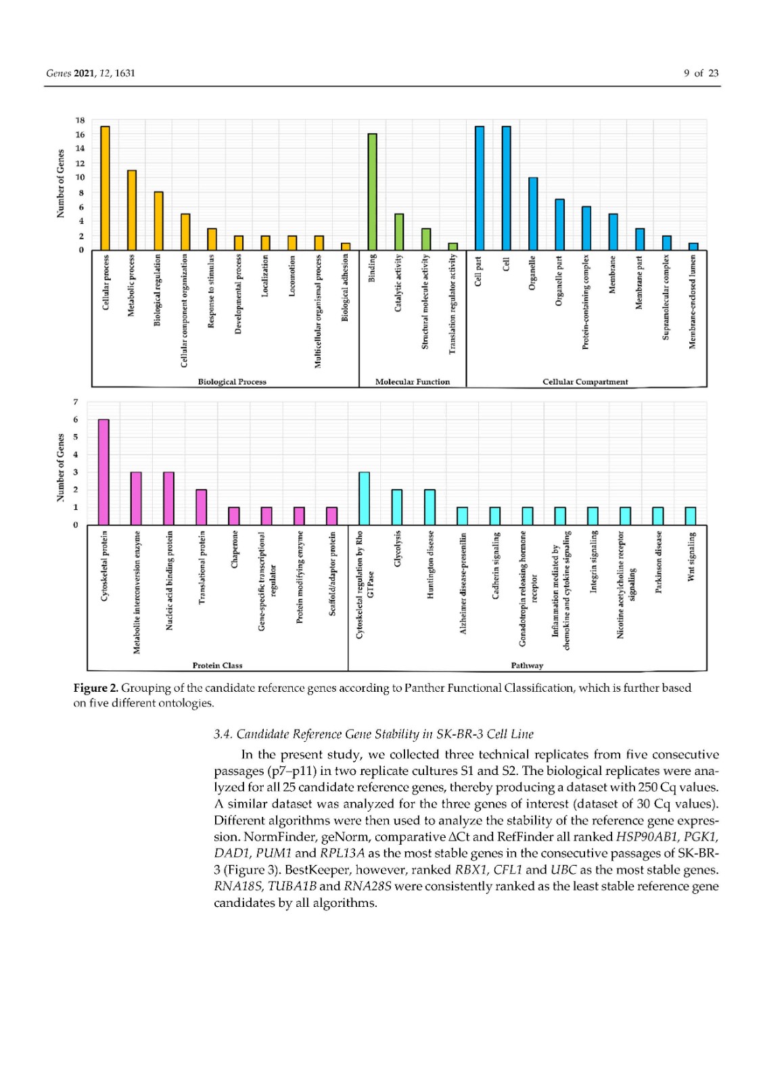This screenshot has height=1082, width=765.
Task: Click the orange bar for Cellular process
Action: tap(105, 188)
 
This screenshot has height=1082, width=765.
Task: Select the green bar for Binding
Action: tap(372, 191)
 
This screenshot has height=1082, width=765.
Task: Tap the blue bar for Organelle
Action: tap(533, 214)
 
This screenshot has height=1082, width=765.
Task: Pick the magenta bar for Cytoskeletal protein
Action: tap(103, 472)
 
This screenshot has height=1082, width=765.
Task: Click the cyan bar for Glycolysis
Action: tap(397, 507)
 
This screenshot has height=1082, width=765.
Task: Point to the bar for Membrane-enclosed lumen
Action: tap(693, 246)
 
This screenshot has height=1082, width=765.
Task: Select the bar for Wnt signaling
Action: tap(690, 515)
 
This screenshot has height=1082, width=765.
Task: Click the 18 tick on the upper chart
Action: tap(80, 120)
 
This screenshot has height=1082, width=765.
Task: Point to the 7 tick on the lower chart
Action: tap(76, 402)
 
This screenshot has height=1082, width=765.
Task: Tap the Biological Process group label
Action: tap(232, 382)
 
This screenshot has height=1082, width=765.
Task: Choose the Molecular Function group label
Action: tap(413, 382)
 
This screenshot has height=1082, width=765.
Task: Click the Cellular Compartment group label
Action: tap(585, 382)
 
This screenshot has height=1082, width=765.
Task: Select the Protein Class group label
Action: tap(217, 665)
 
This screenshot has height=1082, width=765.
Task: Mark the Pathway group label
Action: tap(527, 665)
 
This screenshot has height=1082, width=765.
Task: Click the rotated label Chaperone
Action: tap(235, 550)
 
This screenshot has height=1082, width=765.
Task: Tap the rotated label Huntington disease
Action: tap(430, 565)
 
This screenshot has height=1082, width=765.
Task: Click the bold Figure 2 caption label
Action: tap(95, 688)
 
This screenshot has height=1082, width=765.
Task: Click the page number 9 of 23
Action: tap(701, 73)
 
